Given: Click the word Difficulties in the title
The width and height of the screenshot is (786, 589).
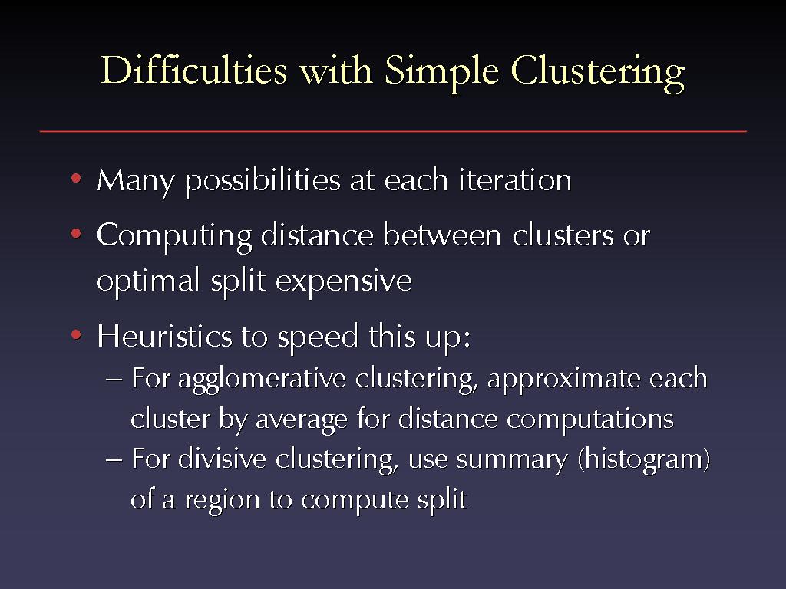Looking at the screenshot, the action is click(x=193, y=70).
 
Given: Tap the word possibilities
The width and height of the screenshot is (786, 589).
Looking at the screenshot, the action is click(x=263, y=181).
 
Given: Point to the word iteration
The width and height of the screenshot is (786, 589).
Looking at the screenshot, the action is click(x=515, y=179).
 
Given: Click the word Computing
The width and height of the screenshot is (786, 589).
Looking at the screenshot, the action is click(x=174, y=236).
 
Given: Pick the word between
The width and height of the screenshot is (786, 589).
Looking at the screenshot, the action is click(x=441, y=235).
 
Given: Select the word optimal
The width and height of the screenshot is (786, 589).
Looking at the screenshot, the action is click(x=148, y=281).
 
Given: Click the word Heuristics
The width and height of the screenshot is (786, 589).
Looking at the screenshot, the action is click(x=164, y=335).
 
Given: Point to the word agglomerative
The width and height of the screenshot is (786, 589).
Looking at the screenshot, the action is click(x=262, y=380).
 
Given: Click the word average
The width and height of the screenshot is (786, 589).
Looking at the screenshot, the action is click(x=301, y=420).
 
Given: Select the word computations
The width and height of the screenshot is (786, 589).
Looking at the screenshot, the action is click(x=590, y=420).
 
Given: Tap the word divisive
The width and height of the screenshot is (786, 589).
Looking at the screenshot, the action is click(x=222, y=459).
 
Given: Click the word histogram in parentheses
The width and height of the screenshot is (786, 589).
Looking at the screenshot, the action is click(x=644, y=460).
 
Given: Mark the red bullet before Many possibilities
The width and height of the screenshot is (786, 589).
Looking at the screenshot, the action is click(x=76, y=178).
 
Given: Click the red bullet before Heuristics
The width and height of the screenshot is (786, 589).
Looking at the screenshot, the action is click(x=76, y=334).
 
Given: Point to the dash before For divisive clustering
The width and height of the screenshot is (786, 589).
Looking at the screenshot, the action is click(x=114, y=460).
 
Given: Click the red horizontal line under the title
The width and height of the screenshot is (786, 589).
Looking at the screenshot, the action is click(x=393, y=131).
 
